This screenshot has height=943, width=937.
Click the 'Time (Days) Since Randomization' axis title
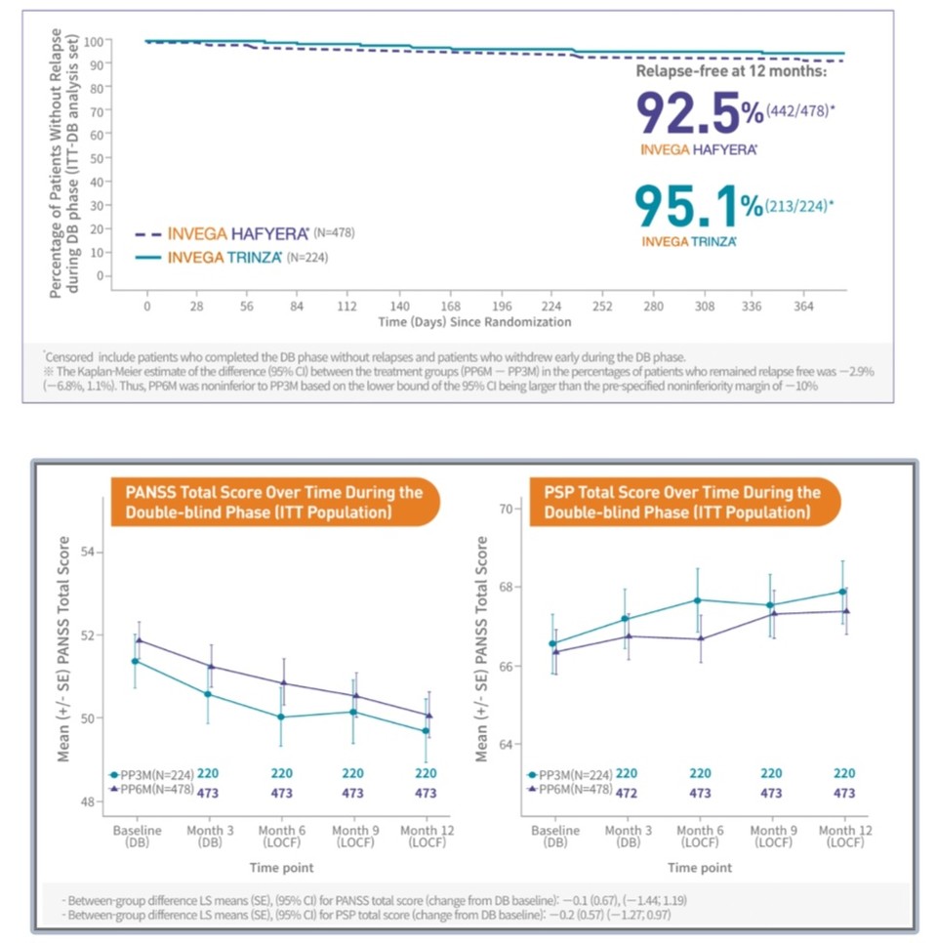pos(474,321)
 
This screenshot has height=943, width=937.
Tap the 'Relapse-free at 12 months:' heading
pos(730,71)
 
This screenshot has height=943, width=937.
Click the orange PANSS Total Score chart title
pos(274,502)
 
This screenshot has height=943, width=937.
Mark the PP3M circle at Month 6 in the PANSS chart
pos(281,717)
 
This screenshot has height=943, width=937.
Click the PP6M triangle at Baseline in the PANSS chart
pos(138,640)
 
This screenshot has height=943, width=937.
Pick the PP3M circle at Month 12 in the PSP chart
pos(841,592)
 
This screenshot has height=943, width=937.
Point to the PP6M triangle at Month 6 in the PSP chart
pos(699,638)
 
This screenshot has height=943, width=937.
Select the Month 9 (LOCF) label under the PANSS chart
pos(353,837)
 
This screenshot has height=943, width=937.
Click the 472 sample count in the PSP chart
pos(627,794)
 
